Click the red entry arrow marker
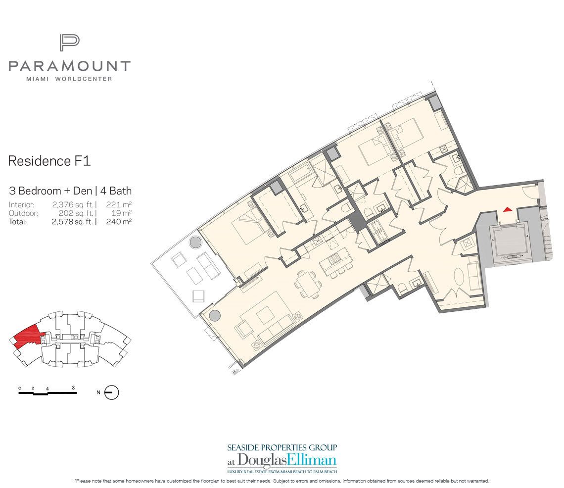[x=507, y=209]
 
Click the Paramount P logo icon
[x=69, y=43]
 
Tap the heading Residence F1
[x=49, y=161]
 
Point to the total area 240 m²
[x=119, y=222]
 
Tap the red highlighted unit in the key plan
[x=26, y=336]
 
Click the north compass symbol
[x=111, y=392]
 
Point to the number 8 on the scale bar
[x=73, y=388]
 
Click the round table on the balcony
[x=195, y=242]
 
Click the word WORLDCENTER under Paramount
[x=84, y=79]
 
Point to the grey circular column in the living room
[x=214, y=316]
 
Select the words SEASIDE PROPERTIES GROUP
[x=282, y=448]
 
